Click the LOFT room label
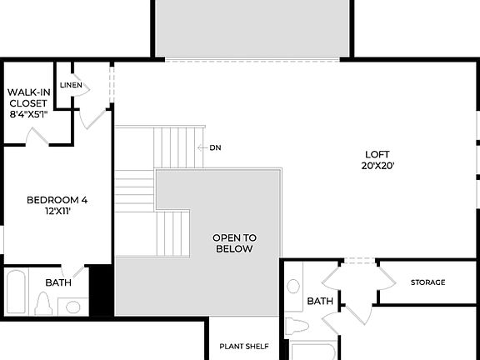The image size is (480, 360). [x=376, y=154]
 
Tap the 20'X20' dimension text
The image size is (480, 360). [x=376, y=165]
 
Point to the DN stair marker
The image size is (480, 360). [x=215, y=147]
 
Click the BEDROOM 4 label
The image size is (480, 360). [x=57, y=200]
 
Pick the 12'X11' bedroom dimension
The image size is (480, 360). [x=57, y=212]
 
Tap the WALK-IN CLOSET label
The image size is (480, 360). [x=27, y=98]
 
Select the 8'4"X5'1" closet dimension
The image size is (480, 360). [x=28, y=114]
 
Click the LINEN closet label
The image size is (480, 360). [x=72, y=85]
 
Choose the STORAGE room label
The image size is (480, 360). [x=427, y=282]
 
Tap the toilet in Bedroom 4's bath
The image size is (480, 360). [x=44, y=304]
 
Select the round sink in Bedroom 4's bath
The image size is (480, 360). [x=72, y=307]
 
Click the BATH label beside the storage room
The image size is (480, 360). [x=321, y=301]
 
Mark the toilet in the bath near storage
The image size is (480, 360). [x=296, y=325]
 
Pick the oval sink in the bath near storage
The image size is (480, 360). [x=293, y=287]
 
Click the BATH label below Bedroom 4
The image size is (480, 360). [x=58, y=282]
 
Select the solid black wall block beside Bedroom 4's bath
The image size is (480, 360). [x=101, y=290]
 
